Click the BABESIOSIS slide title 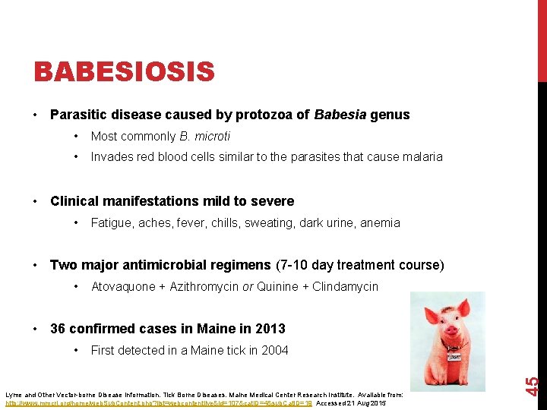[125, 73]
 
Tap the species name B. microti [204, 137]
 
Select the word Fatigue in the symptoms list [111, 222]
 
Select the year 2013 [270, 329]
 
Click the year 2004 [273, 350]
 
